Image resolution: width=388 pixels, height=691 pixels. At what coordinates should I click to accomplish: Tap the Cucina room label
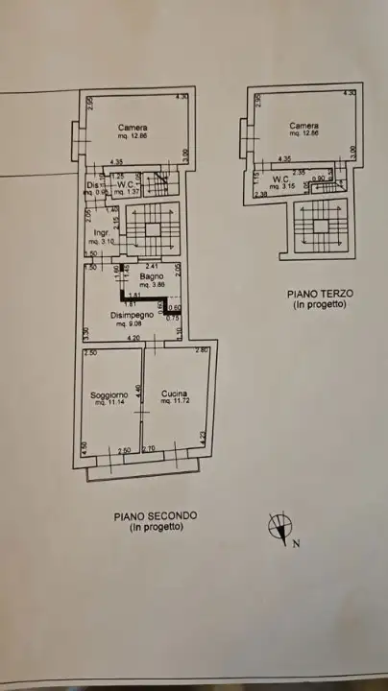click(x=174, y=393)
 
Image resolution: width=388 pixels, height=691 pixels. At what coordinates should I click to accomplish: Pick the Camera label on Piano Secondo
click(x=133, y=127)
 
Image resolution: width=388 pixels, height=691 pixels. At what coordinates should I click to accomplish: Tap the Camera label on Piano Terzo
click(x=304, y=126)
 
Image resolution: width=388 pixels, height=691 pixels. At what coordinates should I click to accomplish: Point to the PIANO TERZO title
click(x=320, y=293)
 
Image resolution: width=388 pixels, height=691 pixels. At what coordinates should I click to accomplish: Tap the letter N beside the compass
click(x=296, y=543)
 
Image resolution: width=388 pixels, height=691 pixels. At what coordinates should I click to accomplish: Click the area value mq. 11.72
click(x=174, y=401)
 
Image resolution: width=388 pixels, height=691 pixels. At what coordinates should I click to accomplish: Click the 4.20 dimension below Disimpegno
click(x=133, y=338)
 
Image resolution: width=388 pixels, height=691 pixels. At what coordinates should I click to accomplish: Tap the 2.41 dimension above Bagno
click(x=152, y=266)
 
